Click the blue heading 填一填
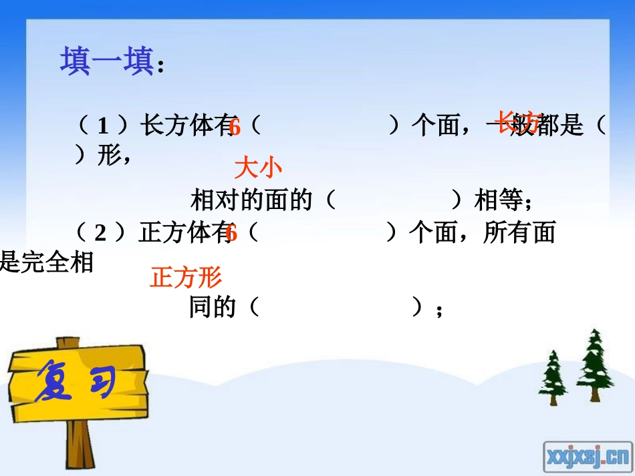(x=108, y=62)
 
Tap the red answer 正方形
(x=186, y=276)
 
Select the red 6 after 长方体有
(x=234, y=126)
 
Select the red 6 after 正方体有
(x=231, y=233)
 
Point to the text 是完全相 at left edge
(x=47, y=262)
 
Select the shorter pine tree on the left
(x=553, y=378)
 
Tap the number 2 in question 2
(x=101, y=233)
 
